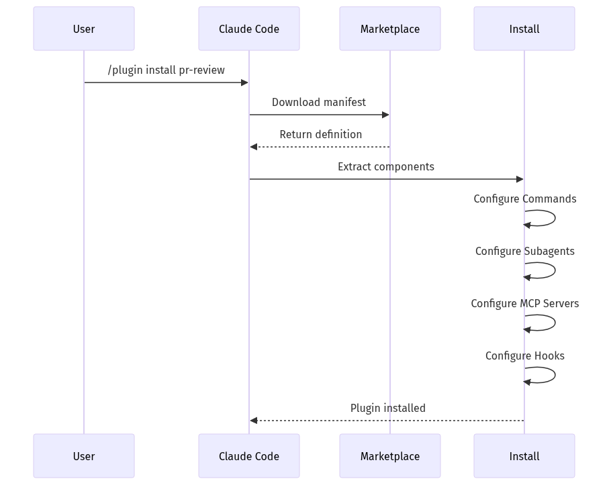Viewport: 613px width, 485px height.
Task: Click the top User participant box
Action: [84, 29]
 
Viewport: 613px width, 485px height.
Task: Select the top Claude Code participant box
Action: [248, 29]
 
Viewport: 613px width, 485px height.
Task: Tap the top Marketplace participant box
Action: [389, 29]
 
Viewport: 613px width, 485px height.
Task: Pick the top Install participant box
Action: [524, 29]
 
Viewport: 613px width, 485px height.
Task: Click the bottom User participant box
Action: [84, 456]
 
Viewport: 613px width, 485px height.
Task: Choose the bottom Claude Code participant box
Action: [248, 456]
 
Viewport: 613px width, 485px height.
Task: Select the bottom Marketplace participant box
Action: [389, 456]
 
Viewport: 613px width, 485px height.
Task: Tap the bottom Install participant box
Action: [524, 456]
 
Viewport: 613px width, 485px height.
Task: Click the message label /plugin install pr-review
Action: [166, 70]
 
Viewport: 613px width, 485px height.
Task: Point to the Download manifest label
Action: [319, 102]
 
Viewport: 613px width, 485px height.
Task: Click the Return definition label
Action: [320, 134]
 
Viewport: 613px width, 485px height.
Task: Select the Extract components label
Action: [385, 166]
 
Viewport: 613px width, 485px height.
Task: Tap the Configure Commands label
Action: [524, 199]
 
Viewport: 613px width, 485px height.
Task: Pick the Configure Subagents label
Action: [524, 251]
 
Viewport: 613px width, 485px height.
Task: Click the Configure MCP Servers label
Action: [524, 303]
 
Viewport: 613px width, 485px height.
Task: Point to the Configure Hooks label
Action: [524, 356]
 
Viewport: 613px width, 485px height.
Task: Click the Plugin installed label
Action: [387, 408]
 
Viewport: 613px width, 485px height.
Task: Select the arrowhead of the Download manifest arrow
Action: [385, 115]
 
